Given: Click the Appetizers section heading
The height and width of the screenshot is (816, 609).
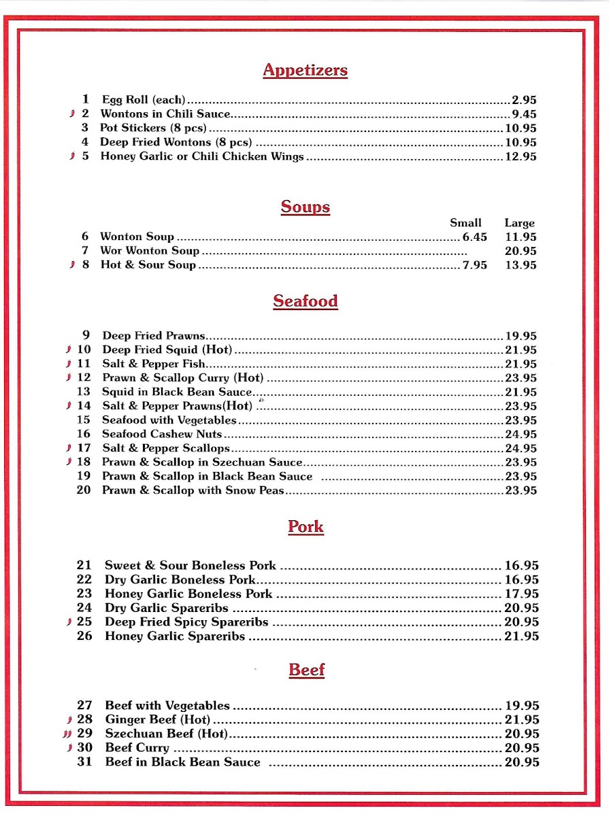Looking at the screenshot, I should click(305, 70).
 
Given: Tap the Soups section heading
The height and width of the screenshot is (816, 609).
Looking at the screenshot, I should click(305, 207).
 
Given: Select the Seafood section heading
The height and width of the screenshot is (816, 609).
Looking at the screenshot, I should click(305, 301).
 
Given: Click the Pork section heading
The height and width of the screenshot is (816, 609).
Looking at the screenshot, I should click(306, 526).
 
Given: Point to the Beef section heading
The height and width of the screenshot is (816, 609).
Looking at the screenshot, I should click(306, 670).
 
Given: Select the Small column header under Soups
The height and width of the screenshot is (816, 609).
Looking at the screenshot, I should click(465, 223).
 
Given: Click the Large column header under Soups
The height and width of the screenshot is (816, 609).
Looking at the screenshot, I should click(519, 223).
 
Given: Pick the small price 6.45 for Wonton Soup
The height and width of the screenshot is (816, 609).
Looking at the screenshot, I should click(474, 237).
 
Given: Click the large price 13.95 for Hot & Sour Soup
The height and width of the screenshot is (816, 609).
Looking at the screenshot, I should click(521, 265).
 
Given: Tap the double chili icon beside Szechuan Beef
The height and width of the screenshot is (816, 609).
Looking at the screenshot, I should click(66, 734).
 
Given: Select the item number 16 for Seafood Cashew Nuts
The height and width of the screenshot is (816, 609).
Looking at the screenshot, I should click(83, 434).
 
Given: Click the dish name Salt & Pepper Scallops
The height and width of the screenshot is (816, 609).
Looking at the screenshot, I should click(166, 448).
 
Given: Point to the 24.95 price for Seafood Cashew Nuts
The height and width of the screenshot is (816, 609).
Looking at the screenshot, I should click(521, 434).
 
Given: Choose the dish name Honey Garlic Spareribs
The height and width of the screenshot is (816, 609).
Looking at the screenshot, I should click(175, 636).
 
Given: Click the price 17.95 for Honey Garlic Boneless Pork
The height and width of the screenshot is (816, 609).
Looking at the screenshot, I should click(522, 594).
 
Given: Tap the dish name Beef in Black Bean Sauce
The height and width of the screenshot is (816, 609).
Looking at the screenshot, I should click(182, 762).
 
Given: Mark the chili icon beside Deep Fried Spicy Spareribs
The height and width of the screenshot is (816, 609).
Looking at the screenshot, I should click(69, 622).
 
